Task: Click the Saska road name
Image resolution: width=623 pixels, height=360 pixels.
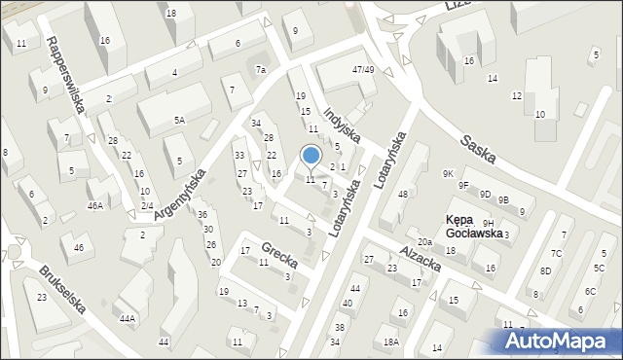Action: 481,149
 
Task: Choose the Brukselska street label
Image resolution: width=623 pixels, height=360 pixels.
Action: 63,289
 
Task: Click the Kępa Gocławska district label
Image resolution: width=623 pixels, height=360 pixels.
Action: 474,227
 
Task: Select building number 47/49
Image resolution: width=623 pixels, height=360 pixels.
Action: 363,69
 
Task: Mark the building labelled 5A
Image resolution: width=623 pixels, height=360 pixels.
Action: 179,120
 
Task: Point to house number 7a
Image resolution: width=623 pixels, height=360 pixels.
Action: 261,69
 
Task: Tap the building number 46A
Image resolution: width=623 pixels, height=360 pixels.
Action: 94,205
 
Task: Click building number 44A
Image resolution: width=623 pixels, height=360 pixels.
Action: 127,318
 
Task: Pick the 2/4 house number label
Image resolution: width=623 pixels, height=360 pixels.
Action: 147,205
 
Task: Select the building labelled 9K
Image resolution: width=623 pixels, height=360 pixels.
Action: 448,173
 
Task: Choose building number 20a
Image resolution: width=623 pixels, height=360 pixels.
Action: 424,242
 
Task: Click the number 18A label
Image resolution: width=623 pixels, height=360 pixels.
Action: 390,342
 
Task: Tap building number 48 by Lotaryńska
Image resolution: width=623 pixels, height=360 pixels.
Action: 402,195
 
